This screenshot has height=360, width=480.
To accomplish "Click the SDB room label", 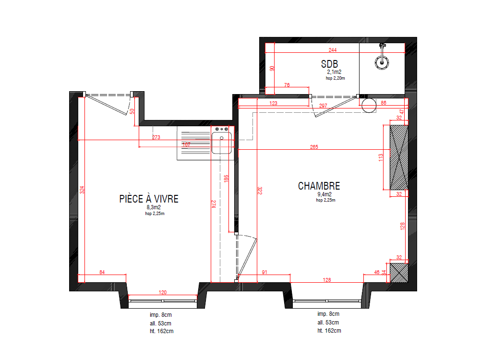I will point(329,64).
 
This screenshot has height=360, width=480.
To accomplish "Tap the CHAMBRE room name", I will point(319,186).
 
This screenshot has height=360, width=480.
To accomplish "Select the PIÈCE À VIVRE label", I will point(148,199).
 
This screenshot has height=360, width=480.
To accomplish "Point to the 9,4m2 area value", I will point(325,194).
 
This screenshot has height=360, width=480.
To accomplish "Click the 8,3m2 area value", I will point(154,207).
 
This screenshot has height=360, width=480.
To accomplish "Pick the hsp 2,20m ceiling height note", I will point(335,78).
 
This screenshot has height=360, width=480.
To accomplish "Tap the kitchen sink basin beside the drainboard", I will point(221,143).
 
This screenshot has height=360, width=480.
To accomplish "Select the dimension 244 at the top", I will point(332,50).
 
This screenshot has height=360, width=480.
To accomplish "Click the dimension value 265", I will point(314,147).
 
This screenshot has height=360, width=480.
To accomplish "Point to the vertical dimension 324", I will point(81,190).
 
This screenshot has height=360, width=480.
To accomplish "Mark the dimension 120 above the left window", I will point(163,292).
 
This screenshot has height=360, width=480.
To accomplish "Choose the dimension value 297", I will point(323,105).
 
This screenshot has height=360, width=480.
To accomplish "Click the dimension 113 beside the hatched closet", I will point(381,157).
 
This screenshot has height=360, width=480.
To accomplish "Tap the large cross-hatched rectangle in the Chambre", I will point(399,157).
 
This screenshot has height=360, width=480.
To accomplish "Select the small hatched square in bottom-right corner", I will point(398,272).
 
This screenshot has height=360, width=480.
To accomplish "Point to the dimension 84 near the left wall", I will point(102,273).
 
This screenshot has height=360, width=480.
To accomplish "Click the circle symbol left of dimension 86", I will point(369,105).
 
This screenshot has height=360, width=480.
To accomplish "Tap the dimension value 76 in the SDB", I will point(287,85).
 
